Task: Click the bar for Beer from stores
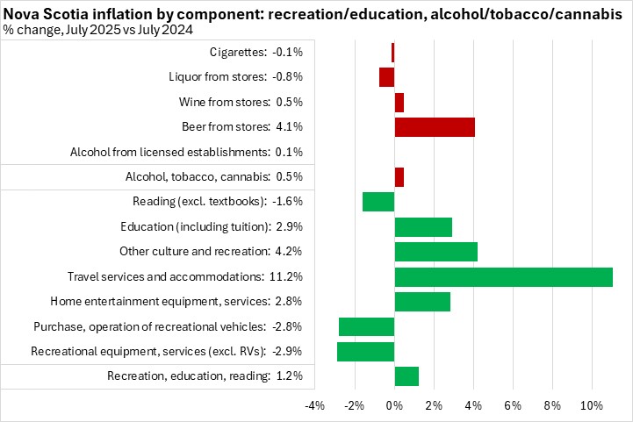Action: (435, 126)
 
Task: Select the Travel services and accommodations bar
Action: (503, 277)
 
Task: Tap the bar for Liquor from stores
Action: (386, 76)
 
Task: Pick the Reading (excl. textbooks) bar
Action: (378, 202)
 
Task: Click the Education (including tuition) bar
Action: (423, 227)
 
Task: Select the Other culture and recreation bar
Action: (435, 252)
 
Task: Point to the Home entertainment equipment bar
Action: (422, 302)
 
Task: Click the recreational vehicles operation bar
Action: (366, 327)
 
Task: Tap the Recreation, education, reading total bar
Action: (406, 376)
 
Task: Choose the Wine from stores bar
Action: (399, 102)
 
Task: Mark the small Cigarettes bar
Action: (393, 52)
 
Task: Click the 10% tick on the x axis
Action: (591, 405)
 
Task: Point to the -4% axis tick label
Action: (315, 405)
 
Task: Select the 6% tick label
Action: (513, 405)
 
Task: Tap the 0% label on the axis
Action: (394, 405)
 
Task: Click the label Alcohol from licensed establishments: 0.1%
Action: (186, 152)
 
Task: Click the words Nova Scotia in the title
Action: (40, 12)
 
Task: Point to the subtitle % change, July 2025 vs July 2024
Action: (98, 29)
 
